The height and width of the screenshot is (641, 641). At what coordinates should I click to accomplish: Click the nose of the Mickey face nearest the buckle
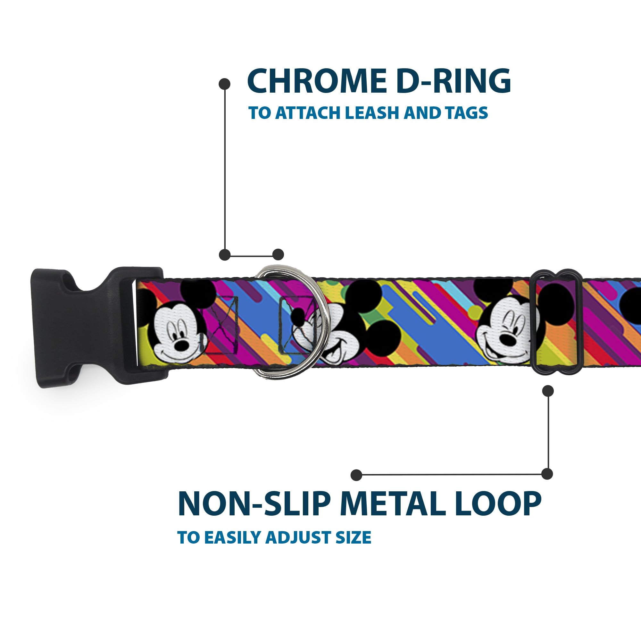[x=182, y=345]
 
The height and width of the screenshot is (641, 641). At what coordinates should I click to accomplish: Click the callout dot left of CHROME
[x=225, y=84]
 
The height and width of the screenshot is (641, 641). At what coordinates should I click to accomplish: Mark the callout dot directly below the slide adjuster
[x=548, y=391]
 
